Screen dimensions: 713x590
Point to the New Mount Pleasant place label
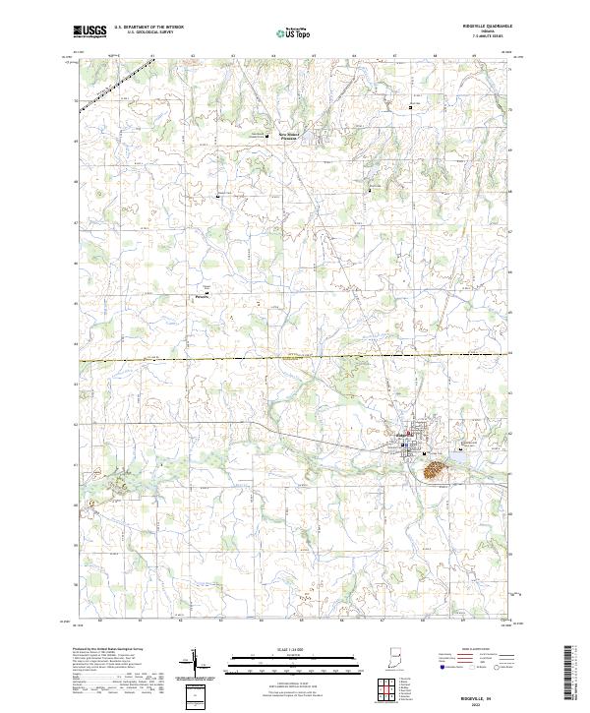[x=288, y=135]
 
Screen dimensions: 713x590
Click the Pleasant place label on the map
[x=203, y=294]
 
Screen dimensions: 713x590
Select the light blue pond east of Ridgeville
[x=460, y=455]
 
